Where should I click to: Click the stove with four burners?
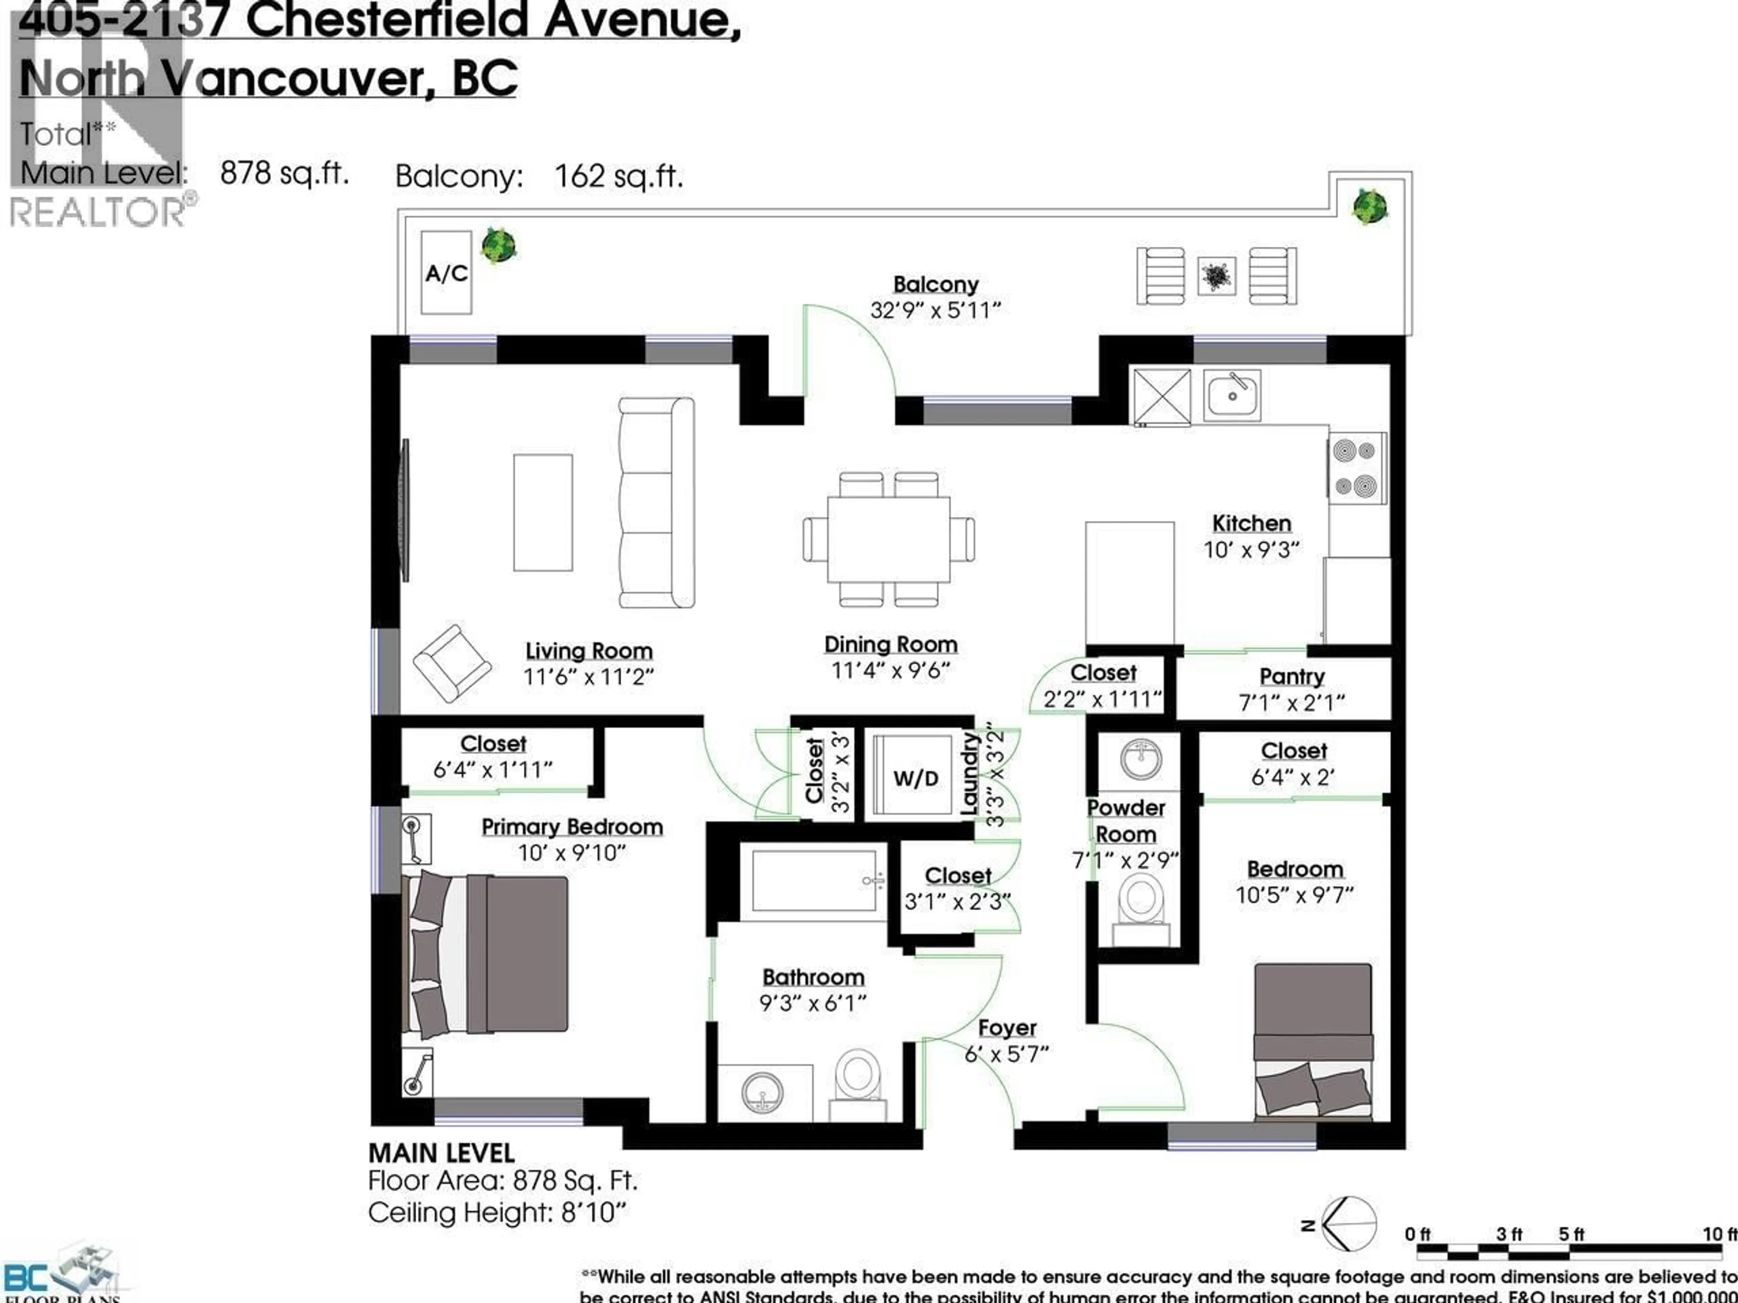click(1357, 469)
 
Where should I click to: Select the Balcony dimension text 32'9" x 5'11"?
click(935, 310)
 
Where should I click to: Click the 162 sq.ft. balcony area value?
click(618, 176)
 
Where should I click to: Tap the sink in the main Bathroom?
click(761, 1093)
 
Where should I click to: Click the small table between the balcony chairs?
click(1216, 276)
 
